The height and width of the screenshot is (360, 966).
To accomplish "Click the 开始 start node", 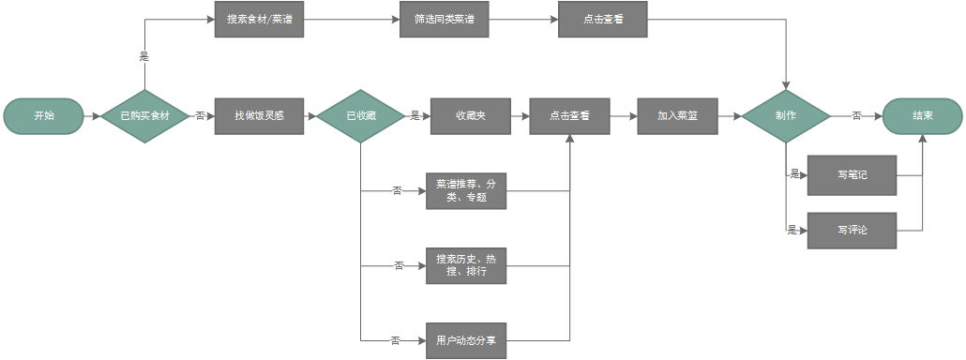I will click(x=43, y=116).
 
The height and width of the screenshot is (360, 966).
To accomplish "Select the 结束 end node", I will click(x=922, y=116).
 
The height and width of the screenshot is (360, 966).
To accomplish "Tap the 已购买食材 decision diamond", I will click(x=144, y=116).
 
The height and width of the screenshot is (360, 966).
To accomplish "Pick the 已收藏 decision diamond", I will click(x=361, y=116).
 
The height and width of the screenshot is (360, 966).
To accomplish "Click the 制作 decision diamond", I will click(x=786, y=116).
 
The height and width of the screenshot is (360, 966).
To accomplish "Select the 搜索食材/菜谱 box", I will click(x=260, y=20).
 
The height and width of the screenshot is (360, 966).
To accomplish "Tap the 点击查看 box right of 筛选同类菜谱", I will click(x=602, y=20).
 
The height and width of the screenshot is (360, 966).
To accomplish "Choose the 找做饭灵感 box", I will click(x=260, y=116).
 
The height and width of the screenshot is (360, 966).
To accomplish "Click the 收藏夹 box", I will click(x=470, y=116).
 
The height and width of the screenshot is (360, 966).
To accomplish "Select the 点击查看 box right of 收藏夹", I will click(x=570, y=116).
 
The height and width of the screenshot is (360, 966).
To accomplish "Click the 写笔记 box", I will click(x=852, y=174).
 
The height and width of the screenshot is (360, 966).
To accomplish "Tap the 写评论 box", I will click(x=852, y=230).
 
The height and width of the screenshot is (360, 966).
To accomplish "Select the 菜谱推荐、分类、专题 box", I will click(x=466, y=191).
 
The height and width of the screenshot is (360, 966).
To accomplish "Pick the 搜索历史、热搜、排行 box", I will click(x=466, y=266).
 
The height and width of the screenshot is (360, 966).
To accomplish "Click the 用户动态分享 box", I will click(x=466, y=340).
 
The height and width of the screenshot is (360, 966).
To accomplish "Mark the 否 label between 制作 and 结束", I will click(x=856, y=116).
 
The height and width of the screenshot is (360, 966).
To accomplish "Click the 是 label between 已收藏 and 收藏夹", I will click(x=415, y=116).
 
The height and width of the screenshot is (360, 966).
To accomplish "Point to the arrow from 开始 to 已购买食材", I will click(x=91, y=116).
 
